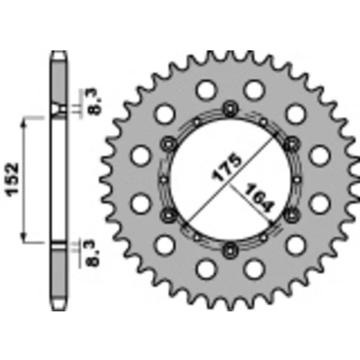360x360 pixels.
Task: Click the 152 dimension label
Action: pyautogui.click(x=13, y=180)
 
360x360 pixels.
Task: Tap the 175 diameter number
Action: pyautogui.click(x=227, y=168)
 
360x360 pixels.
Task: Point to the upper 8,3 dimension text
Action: pyautogui.click(x=94, y=102)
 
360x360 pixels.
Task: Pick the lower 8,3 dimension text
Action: pyautogui.click(x=94, y=255)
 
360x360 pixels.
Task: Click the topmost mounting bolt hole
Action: pyautogui.click(x=230, y=109)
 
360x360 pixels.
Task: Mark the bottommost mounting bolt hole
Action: pyautogui.click(x=230, y=249)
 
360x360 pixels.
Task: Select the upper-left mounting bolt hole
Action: pyautogui.click(x=168, y=144)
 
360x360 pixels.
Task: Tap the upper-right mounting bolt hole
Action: pyautogui.click(x=292, y=144)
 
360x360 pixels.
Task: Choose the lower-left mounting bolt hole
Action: pyautogui.click(x=168, y=214)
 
